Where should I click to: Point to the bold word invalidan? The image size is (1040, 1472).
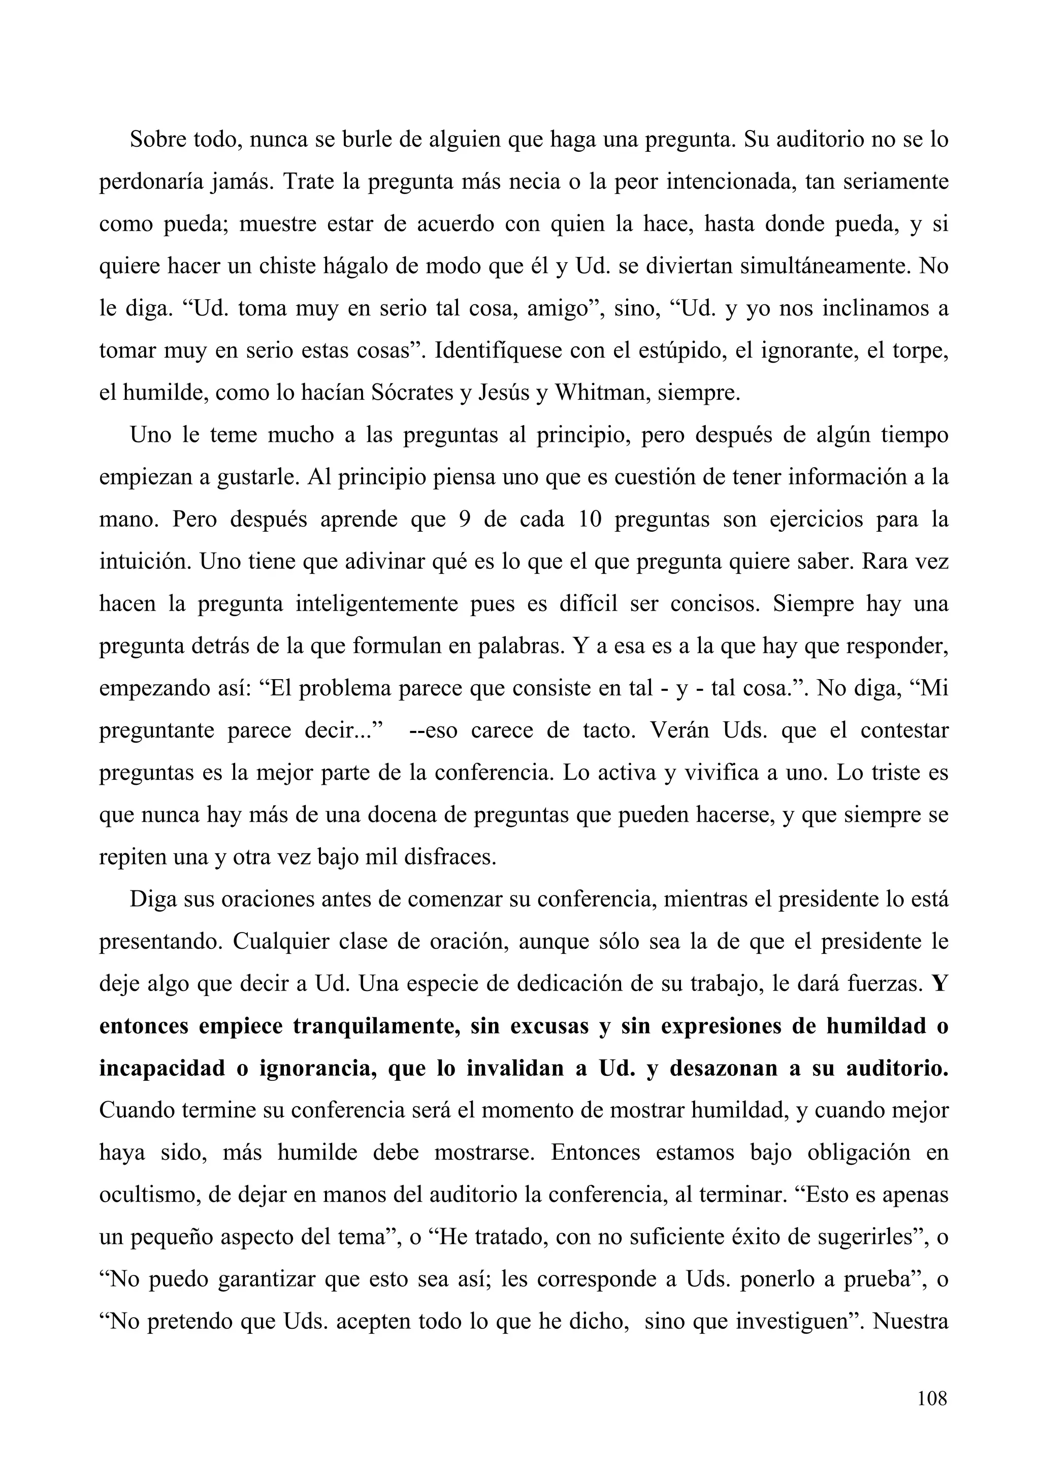pos(511,1069)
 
